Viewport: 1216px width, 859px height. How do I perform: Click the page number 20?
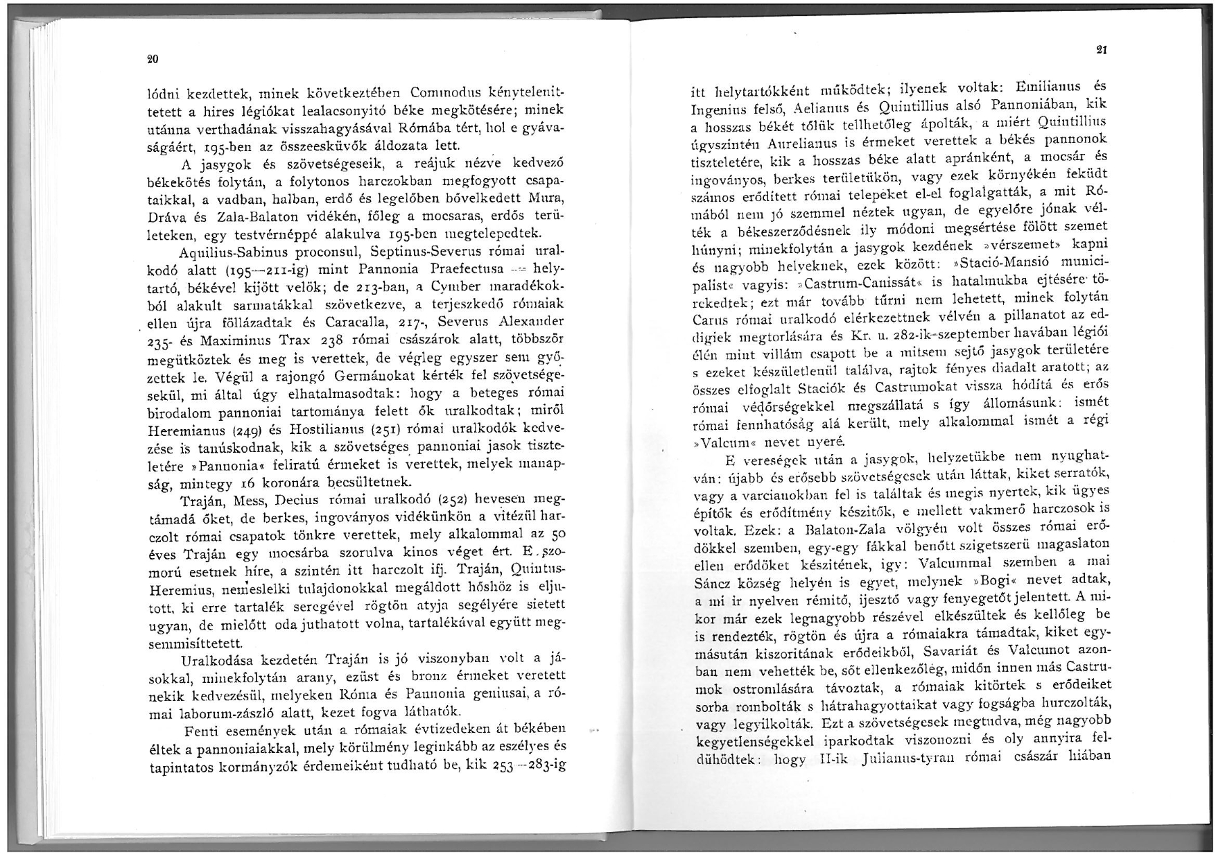pos(153,60)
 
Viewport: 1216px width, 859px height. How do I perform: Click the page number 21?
pos(1101,49)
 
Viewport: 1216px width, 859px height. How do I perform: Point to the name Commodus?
pos(442,93)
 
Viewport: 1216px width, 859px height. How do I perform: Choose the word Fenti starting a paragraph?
pos(202,731)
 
